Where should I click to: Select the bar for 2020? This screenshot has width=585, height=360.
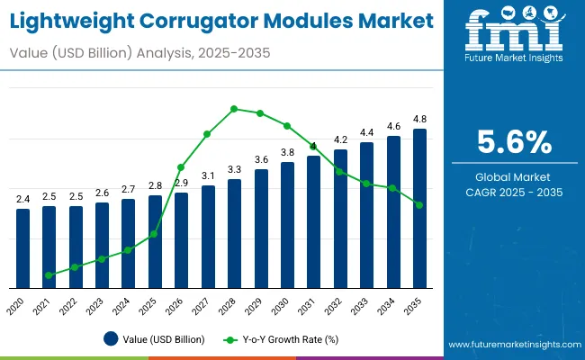[22, 248]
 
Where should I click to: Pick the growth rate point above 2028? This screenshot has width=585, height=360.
[234, 109]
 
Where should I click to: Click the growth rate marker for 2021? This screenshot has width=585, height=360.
[49, 274]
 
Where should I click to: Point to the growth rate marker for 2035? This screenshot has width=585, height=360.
[419, 205]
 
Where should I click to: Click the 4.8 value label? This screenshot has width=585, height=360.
[419, 120]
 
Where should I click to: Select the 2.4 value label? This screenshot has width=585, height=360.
[22, 199]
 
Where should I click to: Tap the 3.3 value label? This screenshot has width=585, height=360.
[234, 169]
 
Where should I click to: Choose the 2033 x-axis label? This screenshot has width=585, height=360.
[364, 303]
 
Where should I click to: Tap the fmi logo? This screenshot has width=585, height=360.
[514, 34]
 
